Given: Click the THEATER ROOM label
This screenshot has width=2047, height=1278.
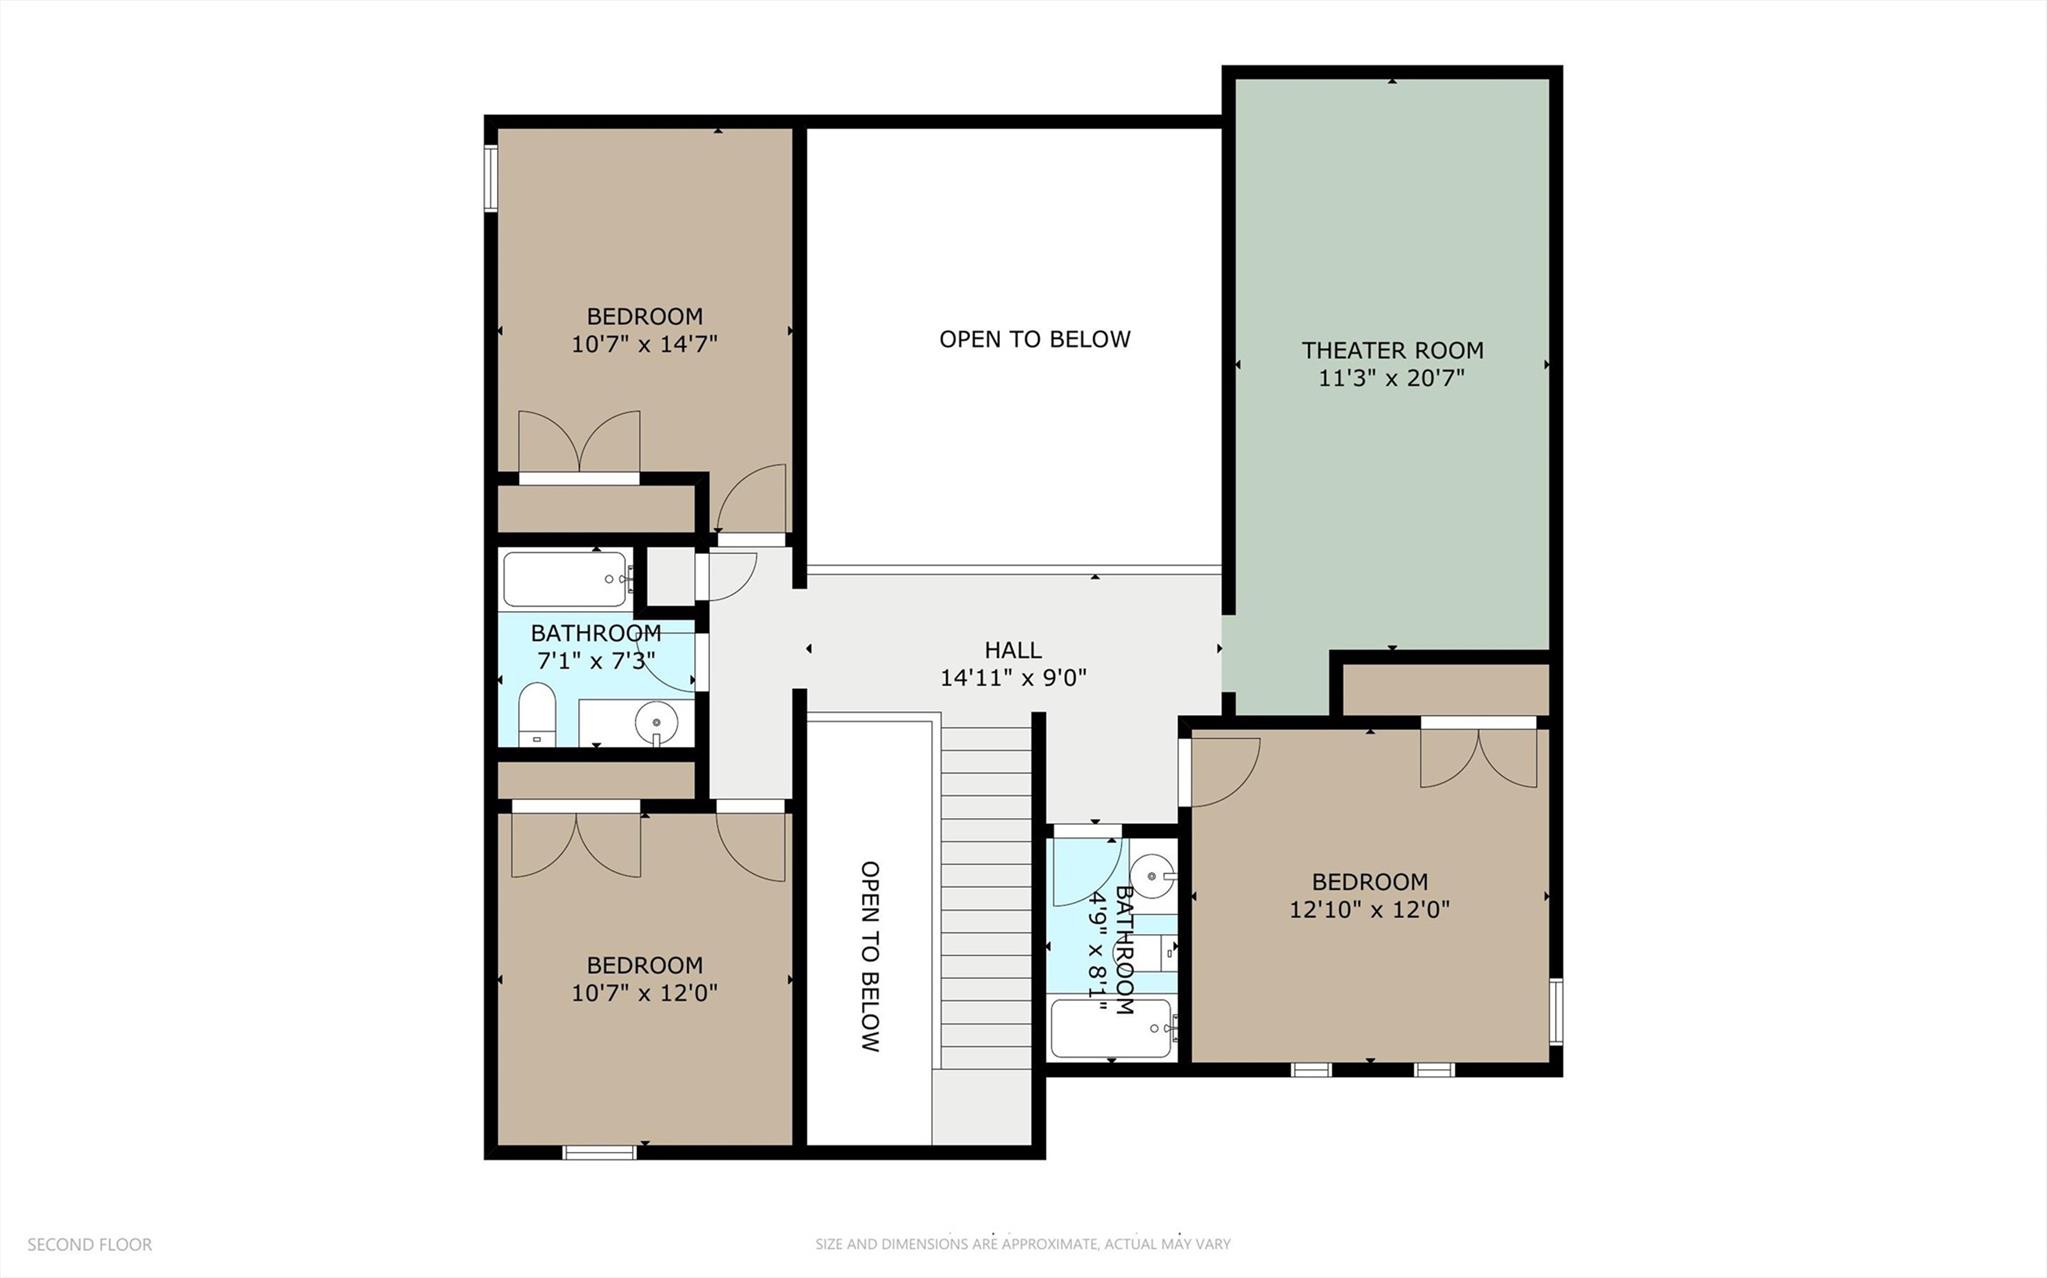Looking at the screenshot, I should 1392,350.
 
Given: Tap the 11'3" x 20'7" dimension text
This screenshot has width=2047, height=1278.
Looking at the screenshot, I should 1392,379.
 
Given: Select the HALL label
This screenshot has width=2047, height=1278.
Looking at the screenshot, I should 1013,650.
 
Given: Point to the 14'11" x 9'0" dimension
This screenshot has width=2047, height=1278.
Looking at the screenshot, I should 1013,678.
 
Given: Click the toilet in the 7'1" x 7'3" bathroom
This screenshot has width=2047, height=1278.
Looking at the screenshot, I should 537,714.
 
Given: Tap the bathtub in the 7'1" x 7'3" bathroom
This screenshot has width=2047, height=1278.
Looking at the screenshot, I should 565,579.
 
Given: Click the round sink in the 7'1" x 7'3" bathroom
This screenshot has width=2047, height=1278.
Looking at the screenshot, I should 656,719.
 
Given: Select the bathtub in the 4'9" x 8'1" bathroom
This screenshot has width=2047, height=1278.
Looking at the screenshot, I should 1110,1029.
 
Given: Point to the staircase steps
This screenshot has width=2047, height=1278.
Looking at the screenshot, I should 986,900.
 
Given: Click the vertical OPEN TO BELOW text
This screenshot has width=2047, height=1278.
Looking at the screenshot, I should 870,956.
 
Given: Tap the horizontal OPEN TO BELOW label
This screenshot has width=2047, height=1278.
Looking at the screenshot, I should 1034,339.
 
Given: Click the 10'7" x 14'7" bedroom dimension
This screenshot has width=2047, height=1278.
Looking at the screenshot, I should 644,345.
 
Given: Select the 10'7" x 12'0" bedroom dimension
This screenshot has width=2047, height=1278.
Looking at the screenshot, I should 644,993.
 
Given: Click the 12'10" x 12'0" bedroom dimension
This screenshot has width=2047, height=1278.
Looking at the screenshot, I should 1369,910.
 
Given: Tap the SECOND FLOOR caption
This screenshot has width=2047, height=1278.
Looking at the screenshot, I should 89,1245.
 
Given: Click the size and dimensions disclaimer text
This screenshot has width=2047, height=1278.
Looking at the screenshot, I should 1022,1245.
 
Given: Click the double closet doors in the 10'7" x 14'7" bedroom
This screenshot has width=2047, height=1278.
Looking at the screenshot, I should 579,442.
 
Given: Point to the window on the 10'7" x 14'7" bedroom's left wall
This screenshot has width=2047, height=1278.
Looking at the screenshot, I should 491,179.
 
